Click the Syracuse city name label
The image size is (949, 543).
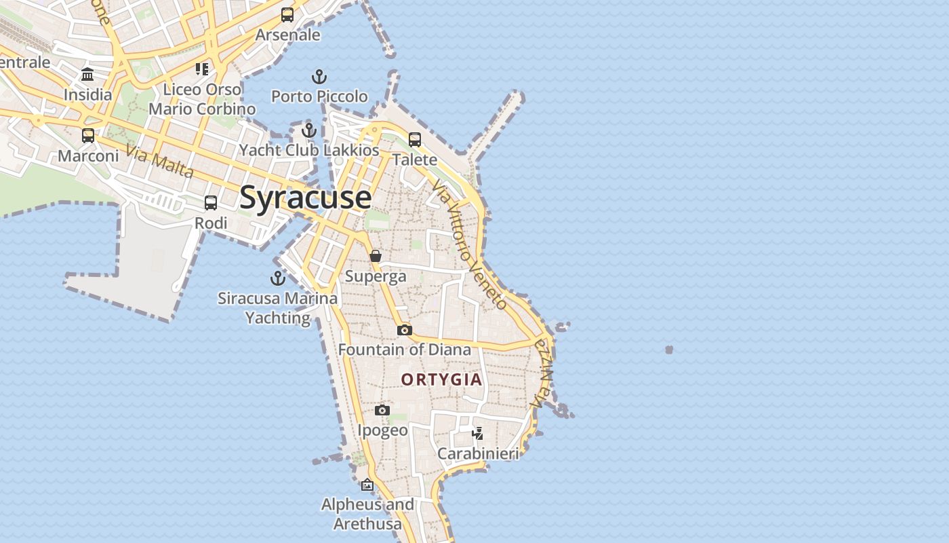(305, 198)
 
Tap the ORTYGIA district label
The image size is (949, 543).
(441, 379)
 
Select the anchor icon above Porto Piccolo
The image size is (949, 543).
(319, 76)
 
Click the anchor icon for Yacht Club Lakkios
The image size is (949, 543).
(309, 130)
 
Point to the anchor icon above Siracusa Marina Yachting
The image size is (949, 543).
(277, 278)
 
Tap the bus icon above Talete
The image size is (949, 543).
(415, 140)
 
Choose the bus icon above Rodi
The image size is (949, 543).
(211, 202)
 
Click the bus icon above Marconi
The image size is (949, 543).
(88, 136)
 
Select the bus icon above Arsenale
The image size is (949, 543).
(287, 14)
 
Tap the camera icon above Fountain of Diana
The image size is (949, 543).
(405, 330)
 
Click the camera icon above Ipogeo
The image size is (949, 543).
(382, 410)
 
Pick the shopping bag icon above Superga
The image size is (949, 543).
(375, 256)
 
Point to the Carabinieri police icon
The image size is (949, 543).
(478, 433)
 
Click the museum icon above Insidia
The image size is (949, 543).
(87, 74)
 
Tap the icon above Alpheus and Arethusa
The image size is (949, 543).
(367, 485)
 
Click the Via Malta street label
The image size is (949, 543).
(160, 162)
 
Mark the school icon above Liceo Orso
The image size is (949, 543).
(202, 69)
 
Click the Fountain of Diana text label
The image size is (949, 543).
(404, 350)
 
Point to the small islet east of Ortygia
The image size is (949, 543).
(669, 350)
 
